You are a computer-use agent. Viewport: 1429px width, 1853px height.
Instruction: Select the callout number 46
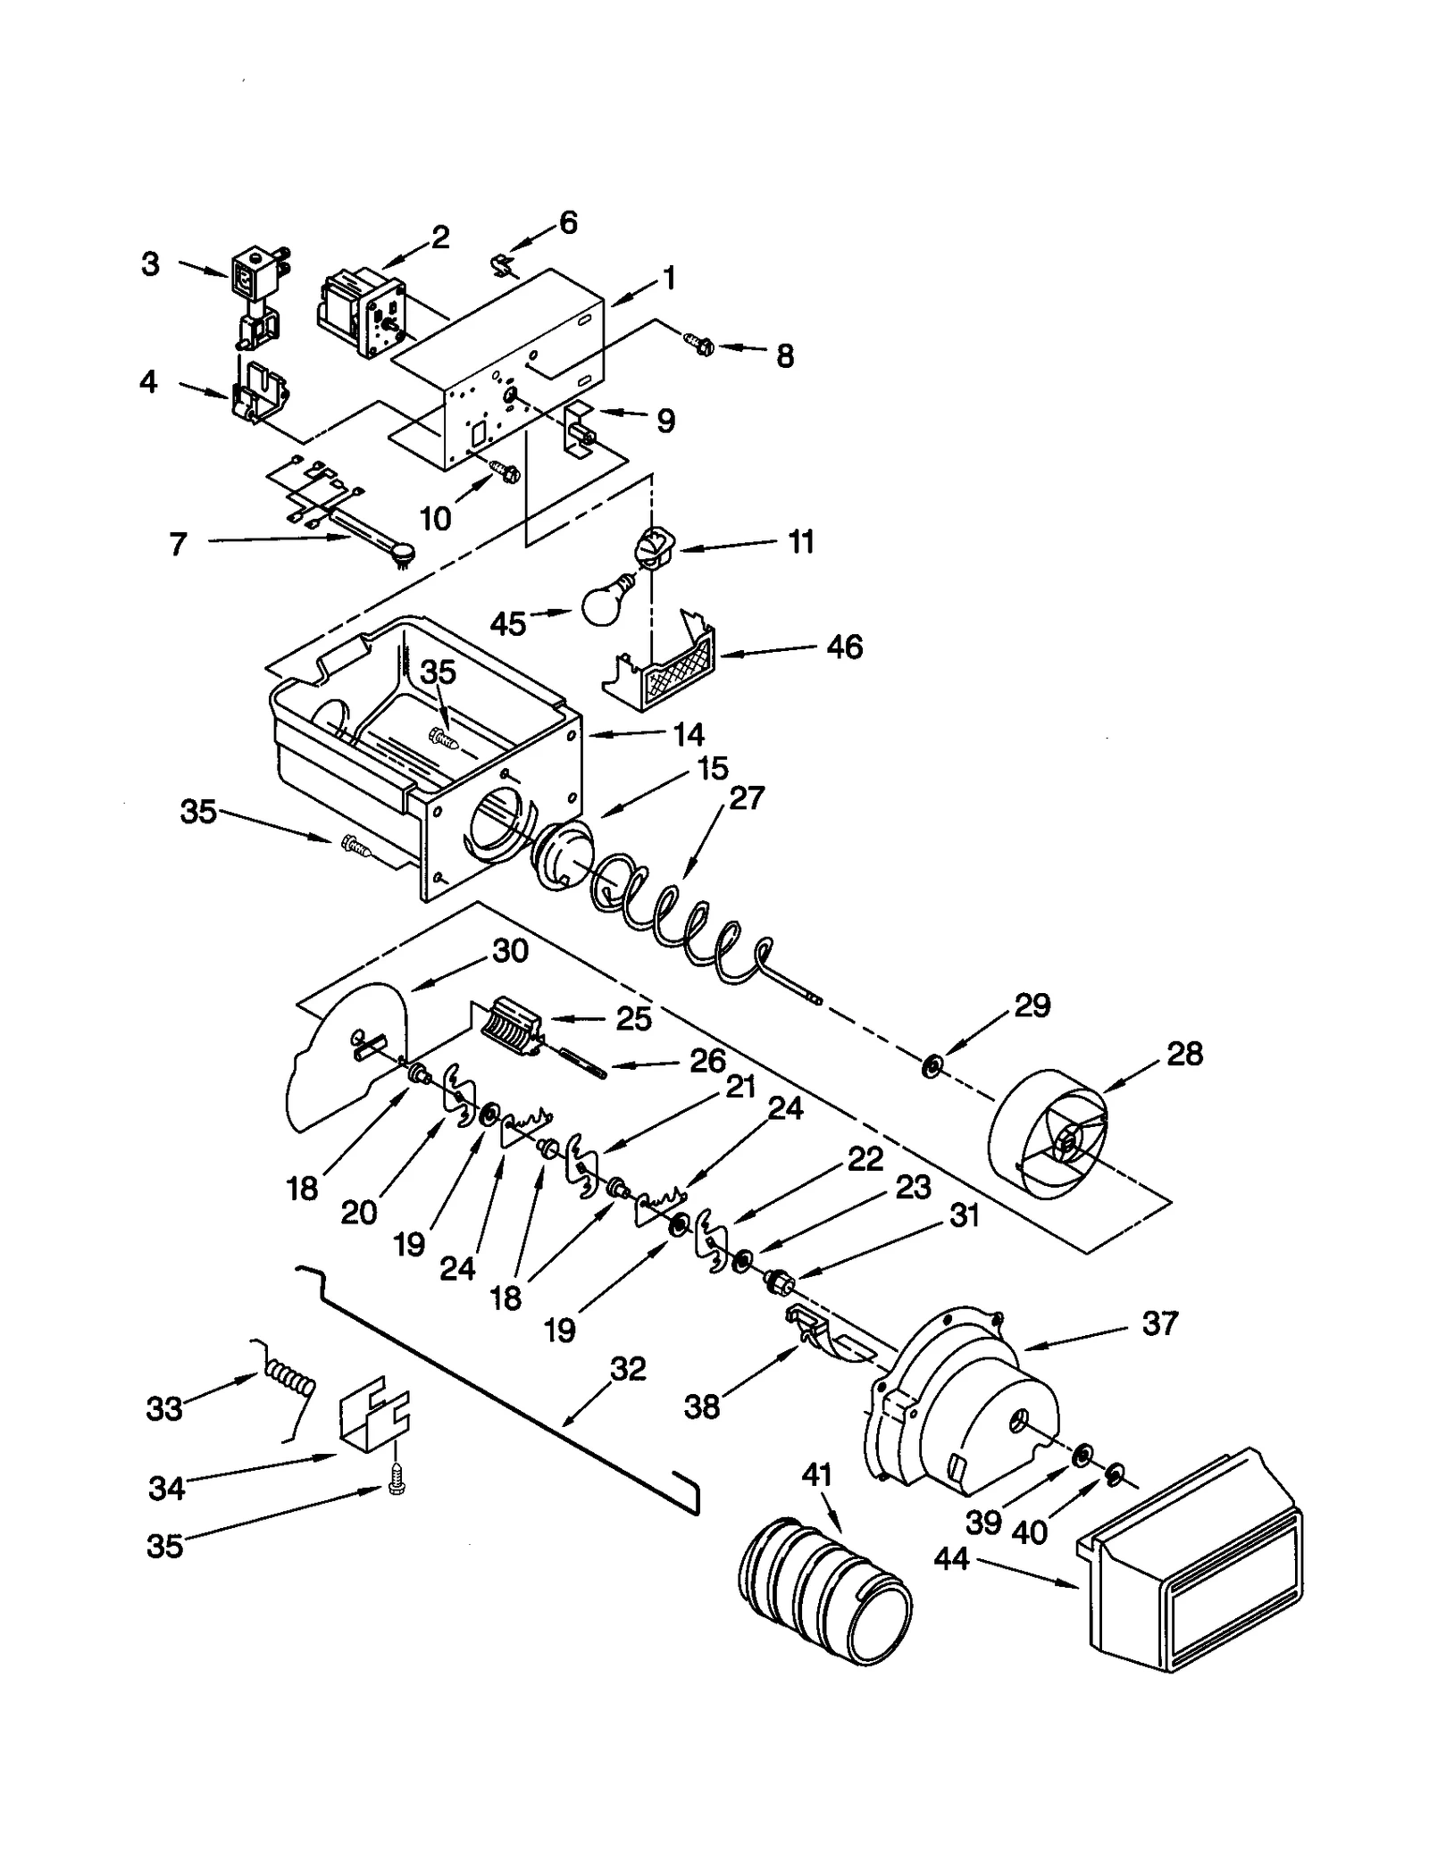(843, 647)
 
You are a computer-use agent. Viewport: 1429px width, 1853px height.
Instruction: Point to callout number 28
(1184, 1054)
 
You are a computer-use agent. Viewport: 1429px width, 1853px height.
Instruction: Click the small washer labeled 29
(932, 1064)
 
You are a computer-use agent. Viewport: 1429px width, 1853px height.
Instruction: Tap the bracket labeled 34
(373, 1418)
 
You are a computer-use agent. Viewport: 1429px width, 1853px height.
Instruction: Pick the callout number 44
(951, 1559)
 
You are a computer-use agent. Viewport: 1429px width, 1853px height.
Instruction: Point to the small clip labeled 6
(506, 264)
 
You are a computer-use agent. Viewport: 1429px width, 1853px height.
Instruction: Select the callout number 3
(150, 263)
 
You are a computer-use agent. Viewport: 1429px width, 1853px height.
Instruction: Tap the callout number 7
(178, 543)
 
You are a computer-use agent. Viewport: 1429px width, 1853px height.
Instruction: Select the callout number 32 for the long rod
(627, 1368)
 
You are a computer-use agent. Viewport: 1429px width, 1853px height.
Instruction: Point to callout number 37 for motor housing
(1159, 1323)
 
